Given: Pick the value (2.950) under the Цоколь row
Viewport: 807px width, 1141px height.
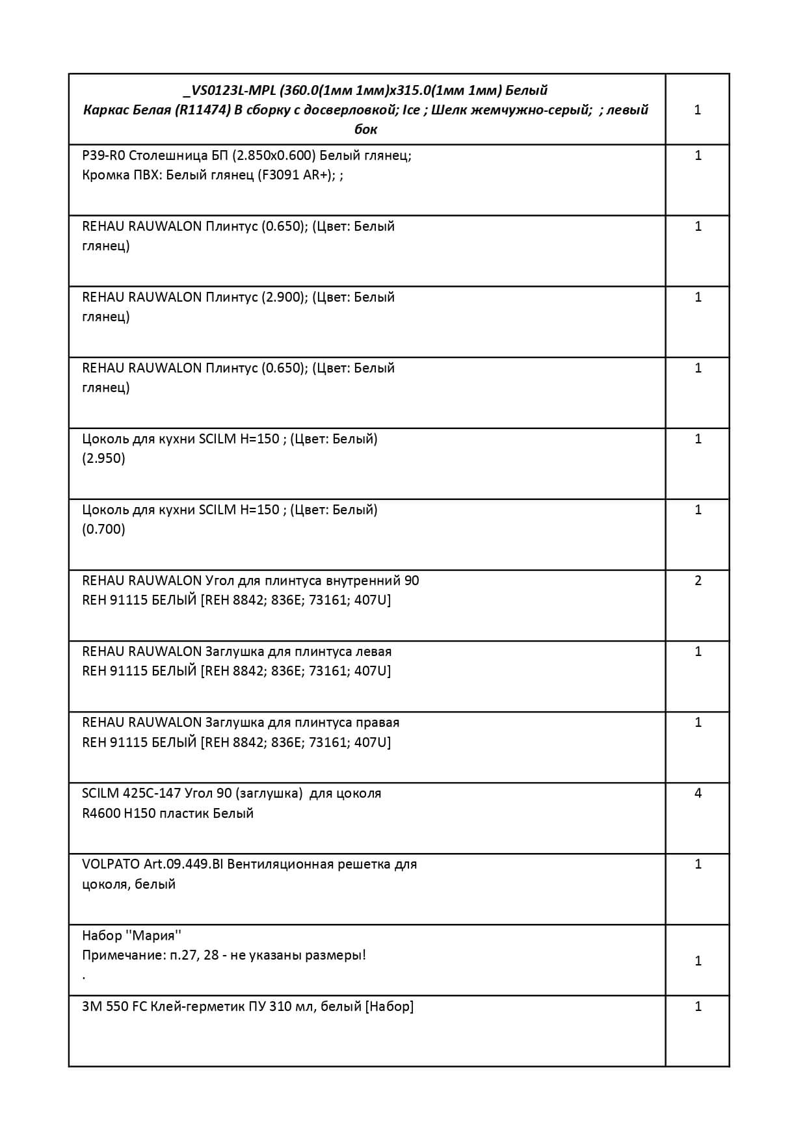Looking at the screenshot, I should coord(103,458).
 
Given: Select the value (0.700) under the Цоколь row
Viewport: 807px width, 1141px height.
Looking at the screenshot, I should coord(103,529).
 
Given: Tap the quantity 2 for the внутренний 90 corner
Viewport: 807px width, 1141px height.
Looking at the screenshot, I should coord(698,581).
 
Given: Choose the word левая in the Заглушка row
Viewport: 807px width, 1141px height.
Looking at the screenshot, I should coord(373,651).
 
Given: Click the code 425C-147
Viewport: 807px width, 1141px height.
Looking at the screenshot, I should coord(152,793).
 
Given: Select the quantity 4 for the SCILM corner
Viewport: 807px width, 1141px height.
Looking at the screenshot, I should coord(698,793).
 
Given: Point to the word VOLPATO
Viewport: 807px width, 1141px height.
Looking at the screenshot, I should coord(111,864).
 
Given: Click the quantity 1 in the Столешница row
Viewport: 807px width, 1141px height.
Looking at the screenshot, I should coord(698,155).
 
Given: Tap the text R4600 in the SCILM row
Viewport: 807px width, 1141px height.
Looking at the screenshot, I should coord(101,813).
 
